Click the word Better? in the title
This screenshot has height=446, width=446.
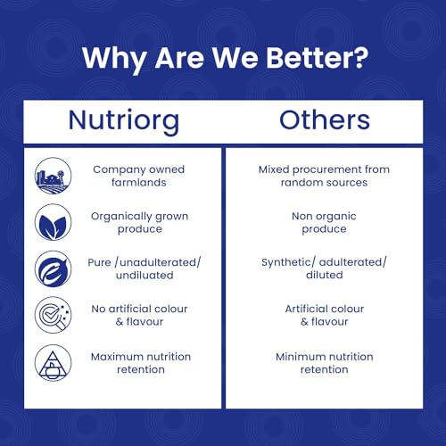point(317,57)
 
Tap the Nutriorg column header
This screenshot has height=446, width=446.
point(124,121)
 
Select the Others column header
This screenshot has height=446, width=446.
point(325,120)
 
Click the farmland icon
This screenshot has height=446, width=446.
point(53,176)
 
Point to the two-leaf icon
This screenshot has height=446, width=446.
point(53,222)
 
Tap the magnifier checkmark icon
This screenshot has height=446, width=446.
point(53,315)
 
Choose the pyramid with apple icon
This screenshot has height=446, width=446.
point(53,363)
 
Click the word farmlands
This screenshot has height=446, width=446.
point(139,182)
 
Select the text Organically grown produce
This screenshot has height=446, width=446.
point(139,223)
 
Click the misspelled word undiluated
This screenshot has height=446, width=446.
point(145,275)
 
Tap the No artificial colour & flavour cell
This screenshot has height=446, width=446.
point(139,315)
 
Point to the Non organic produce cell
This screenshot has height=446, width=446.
point(324,223)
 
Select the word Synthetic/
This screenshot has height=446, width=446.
point(288,262)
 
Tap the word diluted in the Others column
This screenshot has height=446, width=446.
point(325,275)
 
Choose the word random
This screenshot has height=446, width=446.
point(300,182)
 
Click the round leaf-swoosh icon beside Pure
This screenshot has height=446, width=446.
point(53,268)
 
